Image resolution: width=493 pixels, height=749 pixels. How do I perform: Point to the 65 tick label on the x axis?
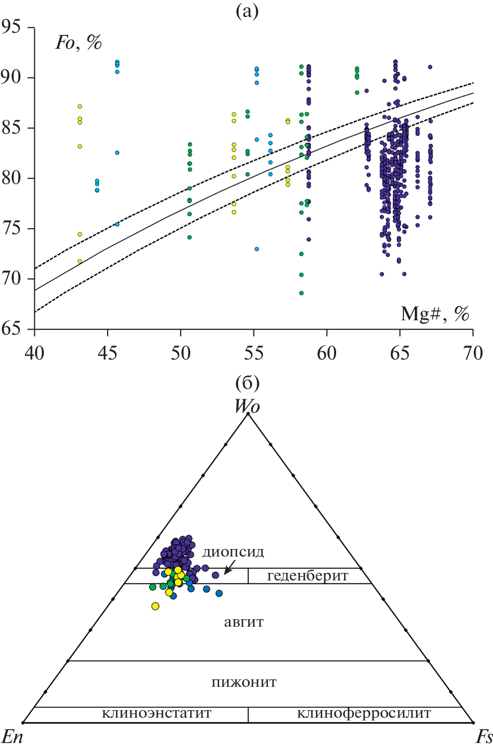click(399, 353)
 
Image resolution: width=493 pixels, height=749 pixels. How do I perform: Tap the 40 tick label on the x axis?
click(34, 353)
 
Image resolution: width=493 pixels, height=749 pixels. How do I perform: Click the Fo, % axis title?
click(78, 43)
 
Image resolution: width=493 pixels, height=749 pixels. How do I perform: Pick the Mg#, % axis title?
click(435, 314)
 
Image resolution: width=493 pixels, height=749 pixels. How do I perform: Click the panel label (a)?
click(247, 10)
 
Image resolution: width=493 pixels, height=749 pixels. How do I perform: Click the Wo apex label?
click(247, 406)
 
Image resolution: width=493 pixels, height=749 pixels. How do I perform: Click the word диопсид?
click(233, 552)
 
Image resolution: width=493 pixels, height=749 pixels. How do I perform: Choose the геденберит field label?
click(307, 576)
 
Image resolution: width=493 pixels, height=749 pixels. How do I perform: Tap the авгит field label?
click(244, 622)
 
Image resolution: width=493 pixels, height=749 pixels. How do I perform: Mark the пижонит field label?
click(244, 682)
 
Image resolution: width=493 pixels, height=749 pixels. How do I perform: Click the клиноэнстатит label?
click(156, 713)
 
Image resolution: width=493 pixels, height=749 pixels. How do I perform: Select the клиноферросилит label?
click(364, 713)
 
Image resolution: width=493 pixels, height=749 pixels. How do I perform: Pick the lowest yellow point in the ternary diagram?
click(155, 606)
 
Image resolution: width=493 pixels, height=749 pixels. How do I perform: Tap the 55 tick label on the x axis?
click(253, 353)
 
